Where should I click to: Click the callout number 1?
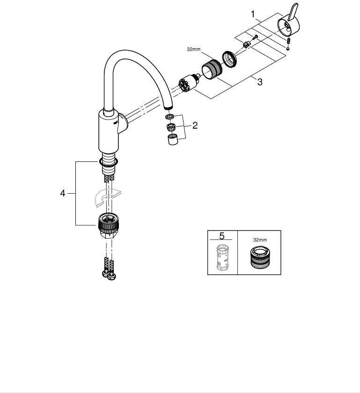(253, 15)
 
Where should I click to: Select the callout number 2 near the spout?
(195, 125)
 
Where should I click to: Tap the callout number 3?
(259, 82)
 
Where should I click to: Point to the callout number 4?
(63, 193)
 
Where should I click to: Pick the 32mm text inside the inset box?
(260, 240)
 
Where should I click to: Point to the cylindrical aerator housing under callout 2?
(172, 139)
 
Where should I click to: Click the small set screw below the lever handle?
(289, 44)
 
